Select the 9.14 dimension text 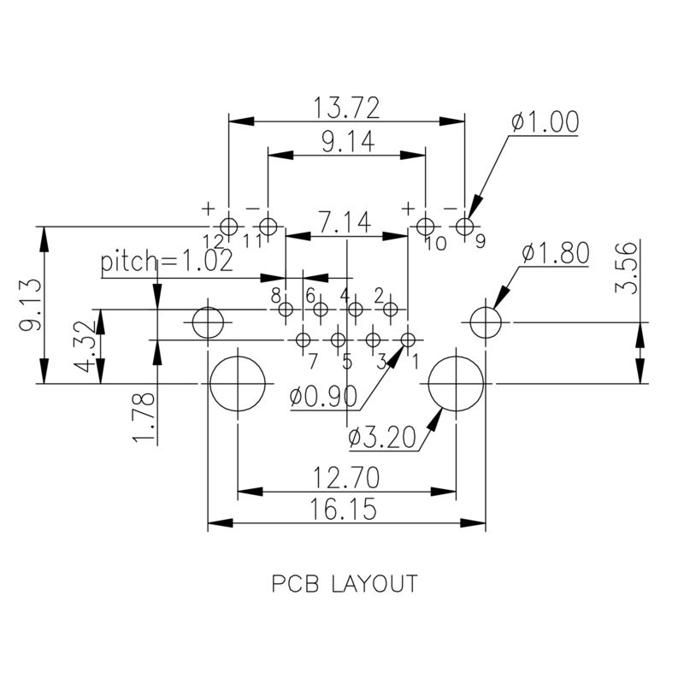tap(348, 143)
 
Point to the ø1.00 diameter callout tap(545, 122)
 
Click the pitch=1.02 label tap(166, 262)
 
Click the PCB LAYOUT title tap(345, 584)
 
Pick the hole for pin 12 tap(228, 226)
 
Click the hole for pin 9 tap(464, 226)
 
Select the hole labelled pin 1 tap(407, 339)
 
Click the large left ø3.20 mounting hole tap(237, 384)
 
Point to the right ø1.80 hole tap(485, 322)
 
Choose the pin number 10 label tap(434, 244)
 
